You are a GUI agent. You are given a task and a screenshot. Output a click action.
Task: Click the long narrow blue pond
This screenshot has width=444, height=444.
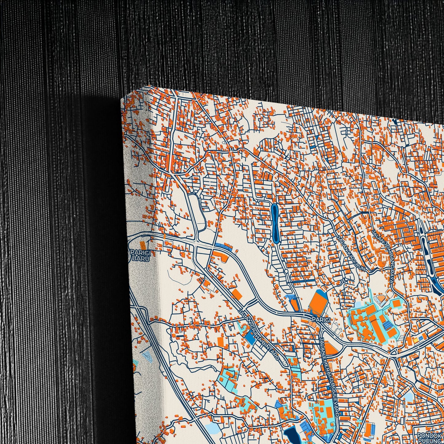(x=274, y=222)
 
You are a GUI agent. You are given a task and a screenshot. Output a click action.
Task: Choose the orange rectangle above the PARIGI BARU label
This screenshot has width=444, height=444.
(x=142, y=245)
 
